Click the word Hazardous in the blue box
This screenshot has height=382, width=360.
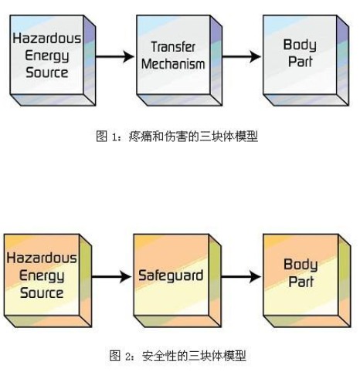(x=47, y=39)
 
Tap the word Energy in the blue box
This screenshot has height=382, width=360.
(x=47, y=56)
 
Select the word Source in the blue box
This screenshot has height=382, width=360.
(x=47, y=73)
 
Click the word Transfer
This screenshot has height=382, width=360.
(x=173, y=47)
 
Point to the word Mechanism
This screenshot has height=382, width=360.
(x=173, y=64)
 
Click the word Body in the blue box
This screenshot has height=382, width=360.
(x=300, y=46)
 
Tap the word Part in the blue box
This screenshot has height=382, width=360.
(x=300, y=62)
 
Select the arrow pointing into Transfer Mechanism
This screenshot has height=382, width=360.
(x=115, y=56)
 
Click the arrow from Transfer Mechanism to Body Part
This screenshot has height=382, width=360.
(x=242, y=56)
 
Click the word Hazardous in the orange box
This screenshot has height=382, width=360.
(x=42, y=258)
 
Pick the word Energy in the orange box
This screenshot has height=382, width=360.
(x=42, y=276)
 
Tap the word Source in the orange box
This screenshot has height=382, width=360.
(x=42, y=292)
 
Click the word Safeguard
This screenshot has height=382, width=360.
(x=171, y=276)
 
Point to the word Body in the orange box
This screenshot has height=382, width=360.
(x=301, y=265)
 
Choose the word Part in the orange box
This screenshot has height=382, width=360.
(x=301, y=282)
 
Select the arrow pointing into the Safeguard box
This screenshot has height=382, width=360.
(x=111, y=277)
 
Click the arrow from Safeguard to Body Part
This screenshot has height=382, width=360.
(x=241, y=277)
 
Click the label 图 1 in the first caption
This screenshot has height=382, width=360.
(x=107, y=137)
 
